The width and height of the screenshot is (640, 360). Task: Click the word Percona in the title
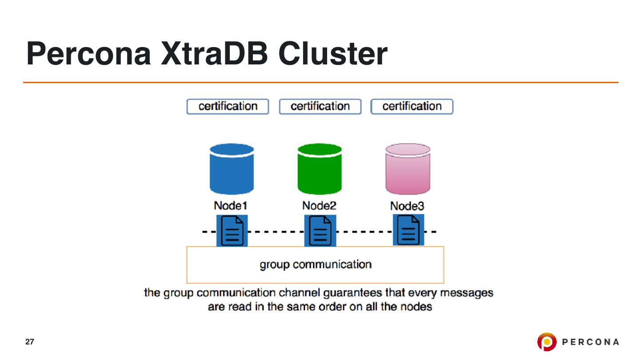89,54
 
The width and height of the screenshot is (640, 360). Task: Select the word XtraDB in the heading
214,54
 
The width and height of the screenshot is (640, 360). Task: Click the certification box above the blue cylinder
228,107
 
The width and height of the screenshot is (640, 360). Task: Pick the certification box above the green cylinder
320,107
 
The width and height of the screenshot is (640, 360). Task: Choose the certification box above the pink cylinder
412,107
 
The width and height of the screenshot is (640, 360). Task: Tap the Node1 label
230,206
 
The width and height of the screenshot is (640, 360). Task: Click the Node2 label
319,206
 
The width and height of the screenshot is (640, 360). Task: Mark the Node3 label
407,206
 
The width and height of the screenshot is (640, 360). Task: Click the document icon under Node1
232,230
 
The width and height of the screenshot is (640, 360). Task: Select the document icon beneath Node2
320,230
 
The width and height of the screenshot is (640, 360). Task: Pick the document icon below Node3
408,230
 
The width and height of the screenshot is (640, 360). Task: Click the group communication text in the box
316,265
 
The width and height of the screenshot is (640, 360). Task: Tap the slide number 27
29,342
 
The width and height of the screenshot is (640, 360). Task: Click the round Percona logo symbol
546,342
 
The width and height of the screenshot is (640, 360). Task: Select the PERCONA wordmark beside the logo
591,342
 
